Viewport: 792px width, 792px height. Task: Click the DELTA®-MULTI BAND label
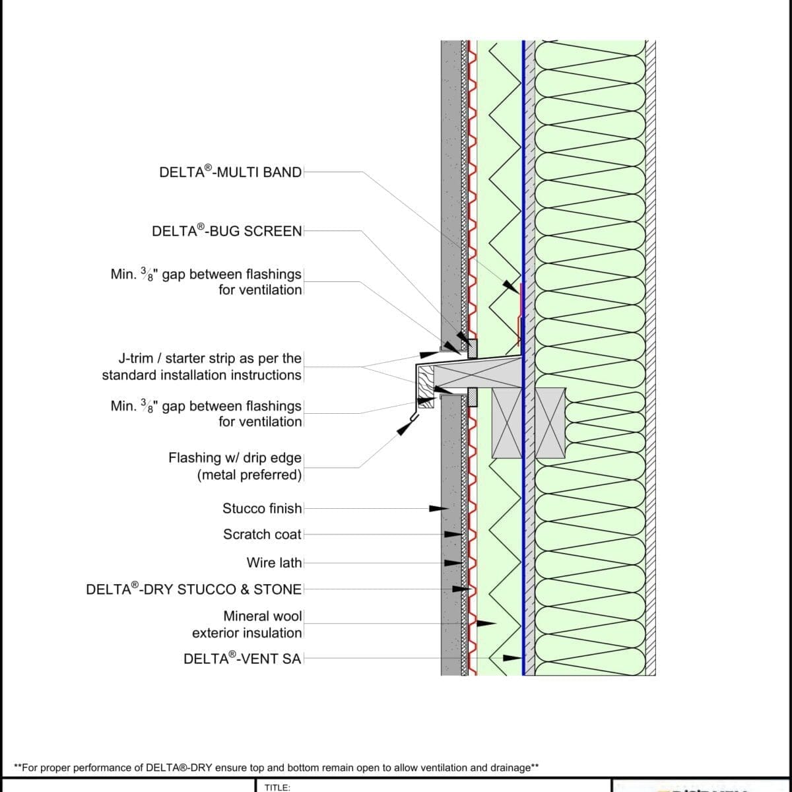pos(230,172)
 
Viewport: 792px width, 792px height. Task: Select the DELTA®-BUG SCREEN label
pos(226,231)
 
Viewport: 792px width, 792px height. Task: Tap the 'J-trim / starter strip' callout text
pos(202,367)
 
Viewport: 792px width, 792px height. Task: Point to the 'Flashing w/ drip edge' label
pos(236,466)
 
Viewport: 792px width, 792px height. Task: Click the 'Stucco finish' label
pos(262,509)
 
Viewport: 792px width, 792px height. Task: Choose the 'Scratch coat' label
pos(262,535)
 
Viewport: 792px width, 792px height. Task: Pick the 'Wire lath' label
pos(274,563)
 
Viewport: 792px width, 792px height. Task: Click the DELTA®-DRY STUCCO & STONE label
pos(194,589)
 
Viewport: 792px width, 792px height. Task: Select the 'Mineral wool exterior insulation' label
pos(247,624)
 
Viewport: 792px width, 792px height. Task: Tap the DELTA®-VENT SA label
pos(242,658)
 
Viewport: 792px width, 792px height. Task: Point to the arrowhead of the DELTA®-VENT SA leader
pos(512,657)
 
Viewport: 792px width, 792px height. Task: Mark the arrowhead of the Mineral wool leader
pos(486,622)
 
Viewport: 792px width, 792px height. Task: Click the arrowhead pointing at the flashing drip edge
pos(403,428)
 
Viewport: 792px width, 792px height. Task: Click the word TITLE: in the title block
pos(277,787)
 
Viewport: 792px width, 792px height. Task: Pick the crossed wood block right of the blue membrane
pos(551,423)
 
